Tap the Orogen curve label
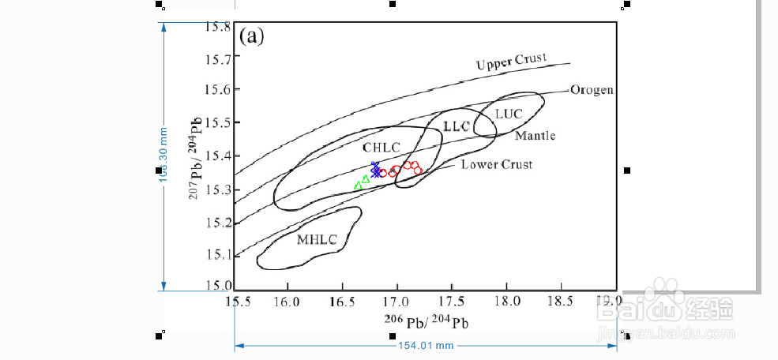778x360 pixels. coord(592,90)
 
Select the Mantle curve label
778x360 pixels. coord(535,136)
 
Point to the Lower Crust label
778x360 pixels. coord(496,164)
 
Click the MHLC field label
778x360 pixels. coord(317,239)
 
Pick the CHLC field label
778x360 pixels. coord(381,148)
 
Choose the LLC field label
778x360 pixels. coord(457,126)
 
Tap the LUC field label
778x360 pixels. coord(509,114)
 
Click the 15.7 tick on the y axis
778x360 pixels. coord(217,58)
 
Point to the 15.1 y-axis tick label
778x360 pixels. coord(217,255)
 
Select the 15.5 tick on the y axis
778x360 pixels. coord(217,124)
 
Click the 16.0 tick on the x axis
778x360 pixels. coord(288,301)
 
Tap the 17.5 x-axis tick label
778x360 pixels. coord(452,301)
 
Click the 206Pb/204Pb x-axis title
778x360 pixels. coord(421,322)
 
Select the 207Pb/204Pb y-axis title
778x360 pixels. coord(194,157)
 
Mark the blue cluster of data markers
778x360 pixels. coord(376,169)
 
